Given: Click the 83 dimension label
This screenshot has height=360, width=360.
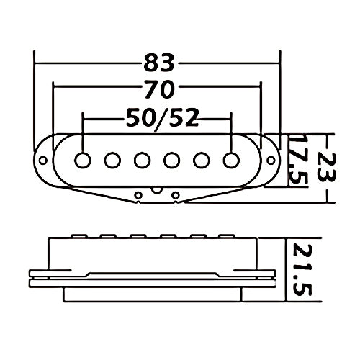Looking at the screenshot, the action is pos(159,63).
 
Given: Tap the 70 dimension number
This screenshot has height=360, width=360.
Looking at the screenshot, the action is pos(160,89).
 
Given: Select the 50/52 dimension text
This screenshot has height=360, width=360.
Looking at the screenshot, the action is pos(163,117).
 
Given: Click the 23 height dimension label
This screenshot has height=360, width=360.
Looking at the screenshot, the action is pos(327,166).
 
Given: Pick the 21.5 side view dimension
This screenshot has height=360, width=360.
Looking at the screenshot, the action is pos(302,269).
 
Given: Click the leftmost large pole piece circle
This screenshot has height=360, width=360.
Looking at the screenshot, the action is pos(83,160).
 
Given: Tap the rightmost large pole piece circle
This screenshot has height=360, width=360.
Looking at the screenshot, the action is pos(231,160).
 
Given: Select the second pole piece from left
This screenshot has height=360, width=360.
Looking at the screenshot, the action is pos(112,160).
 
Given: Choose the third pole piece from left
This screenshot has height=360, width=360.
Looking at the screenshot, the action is pos(142,160).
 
